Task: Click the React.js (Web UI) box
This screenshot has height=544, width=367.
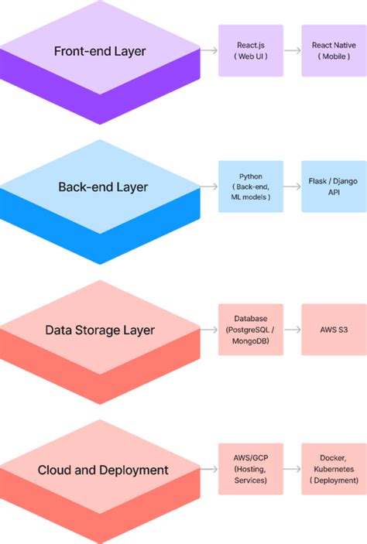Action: pos(240,50)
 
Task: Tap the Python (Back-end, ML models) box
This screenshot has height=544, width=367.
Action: pos(240,186)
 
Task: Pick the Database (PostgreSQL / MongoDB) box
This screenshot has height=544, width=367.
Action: pos(240,329)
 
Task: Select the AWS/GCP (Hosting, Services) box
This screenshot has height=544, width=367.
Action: pos(240,470)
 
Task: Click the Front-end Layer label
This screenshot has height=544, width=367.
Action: pos(100,51)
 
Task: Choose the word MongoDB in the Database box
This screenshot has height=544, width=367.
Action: pos(240,340)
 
